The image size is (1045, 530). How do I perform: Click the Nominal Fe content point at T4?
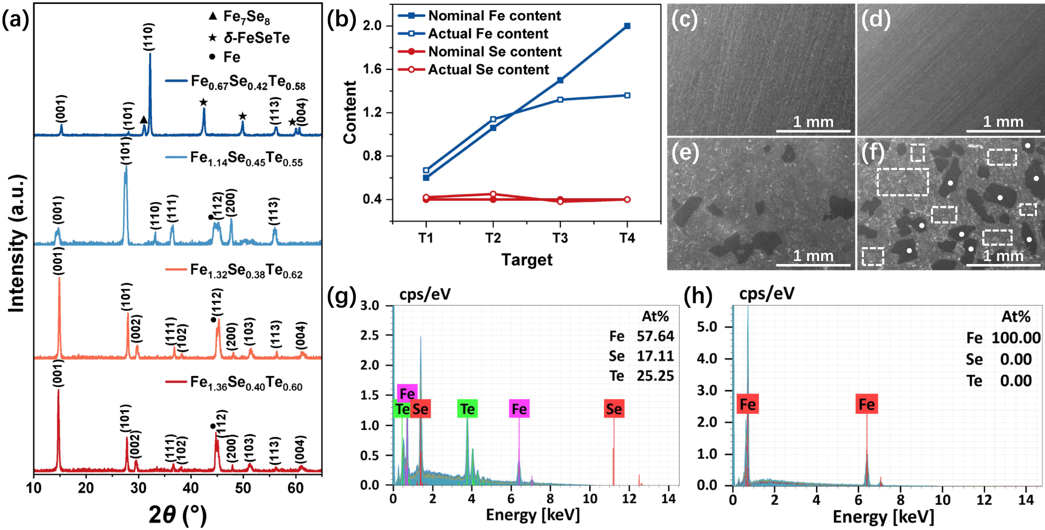627,26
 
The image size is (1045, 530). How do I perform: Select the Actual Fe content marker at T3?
560,99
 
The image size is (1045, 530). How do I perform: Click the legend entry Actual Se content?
488,70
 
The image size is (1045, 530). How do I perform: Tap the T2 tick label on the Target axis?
493,238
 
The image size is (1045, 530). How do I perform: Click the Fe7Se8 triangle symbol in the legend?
213,16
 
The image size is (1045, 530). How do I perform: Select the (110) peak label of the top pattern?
148,37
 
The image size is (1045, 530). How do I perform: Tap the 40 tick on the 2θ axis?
191,488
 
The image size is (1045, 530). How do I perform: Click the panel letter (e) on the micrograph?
685,153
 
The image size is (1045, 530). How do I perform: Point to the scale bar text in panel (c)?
813,121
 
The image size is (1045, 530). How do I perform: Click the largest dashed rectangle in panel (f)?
902,182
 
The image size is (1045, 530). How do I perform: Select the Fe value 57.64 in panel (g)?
655,336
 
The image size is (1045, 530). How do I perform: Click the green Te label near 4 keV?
467,409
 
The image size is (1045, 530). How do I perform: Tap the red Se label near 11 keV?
614,409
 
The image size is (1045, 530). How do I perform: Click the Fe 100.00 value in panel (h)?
1016,338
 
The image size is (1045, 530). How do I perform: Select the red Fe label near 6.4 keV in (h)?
866,404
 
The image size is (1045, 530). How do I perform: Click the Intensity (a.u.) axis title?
17,244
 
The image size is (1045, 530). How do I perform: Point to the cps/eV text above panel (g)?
424,294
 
